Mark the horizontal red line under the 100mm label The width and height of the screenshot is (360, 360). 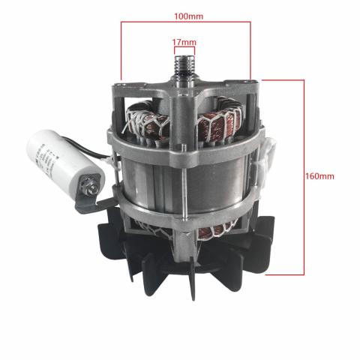click(x=184, y=22)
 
